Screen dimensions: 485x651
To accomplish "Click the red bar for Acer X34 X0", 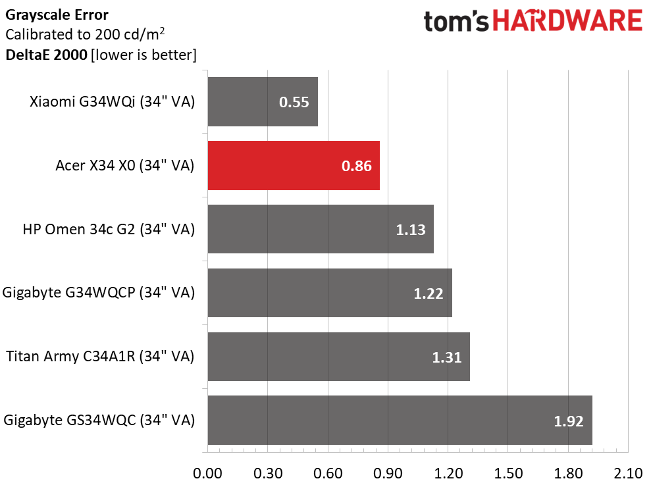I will [x=294, y=166].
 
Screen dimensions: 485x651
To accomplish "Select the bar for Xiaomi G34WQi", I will [x=263, y=102].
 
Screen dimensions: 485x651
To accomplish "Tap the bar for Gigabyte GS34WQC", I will [x=400, y=421].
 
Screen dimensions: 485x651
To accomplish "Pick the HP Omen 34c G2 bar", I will [x=321, y=229].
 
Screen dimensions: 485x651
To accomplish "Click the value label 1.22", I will [x=429, y=294].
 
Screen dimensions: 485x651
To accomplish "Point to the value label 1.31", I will [x=446, y=357].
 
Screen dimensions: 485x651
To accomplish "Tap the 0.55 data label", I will [x=294, y=103].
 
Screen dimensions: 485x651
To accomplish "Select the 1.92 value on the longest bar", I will [x=569, y=421].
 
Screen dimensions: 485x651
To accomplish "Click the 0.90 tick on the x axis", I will [x=388, y=472].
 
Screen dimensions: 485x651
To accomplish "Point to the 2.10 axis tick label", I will [x=628, y=472].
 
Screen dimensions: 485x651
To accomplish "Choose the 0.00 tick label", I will [x=208, y=472].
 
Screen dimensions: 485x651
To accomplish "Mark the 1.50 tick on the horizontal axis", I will [x=508, y=472].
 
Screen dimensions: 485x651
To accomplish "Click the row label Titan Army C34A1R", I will [x=101, y=357].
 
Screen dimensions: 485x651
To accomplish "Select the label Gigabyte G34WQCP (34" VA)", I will [x=99, y=293].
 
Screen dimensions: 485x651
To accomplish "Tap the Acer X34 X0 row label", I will [x=125, y=166].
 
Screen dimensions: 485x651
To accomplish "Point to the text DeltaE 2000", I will [x=46, y=55].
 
